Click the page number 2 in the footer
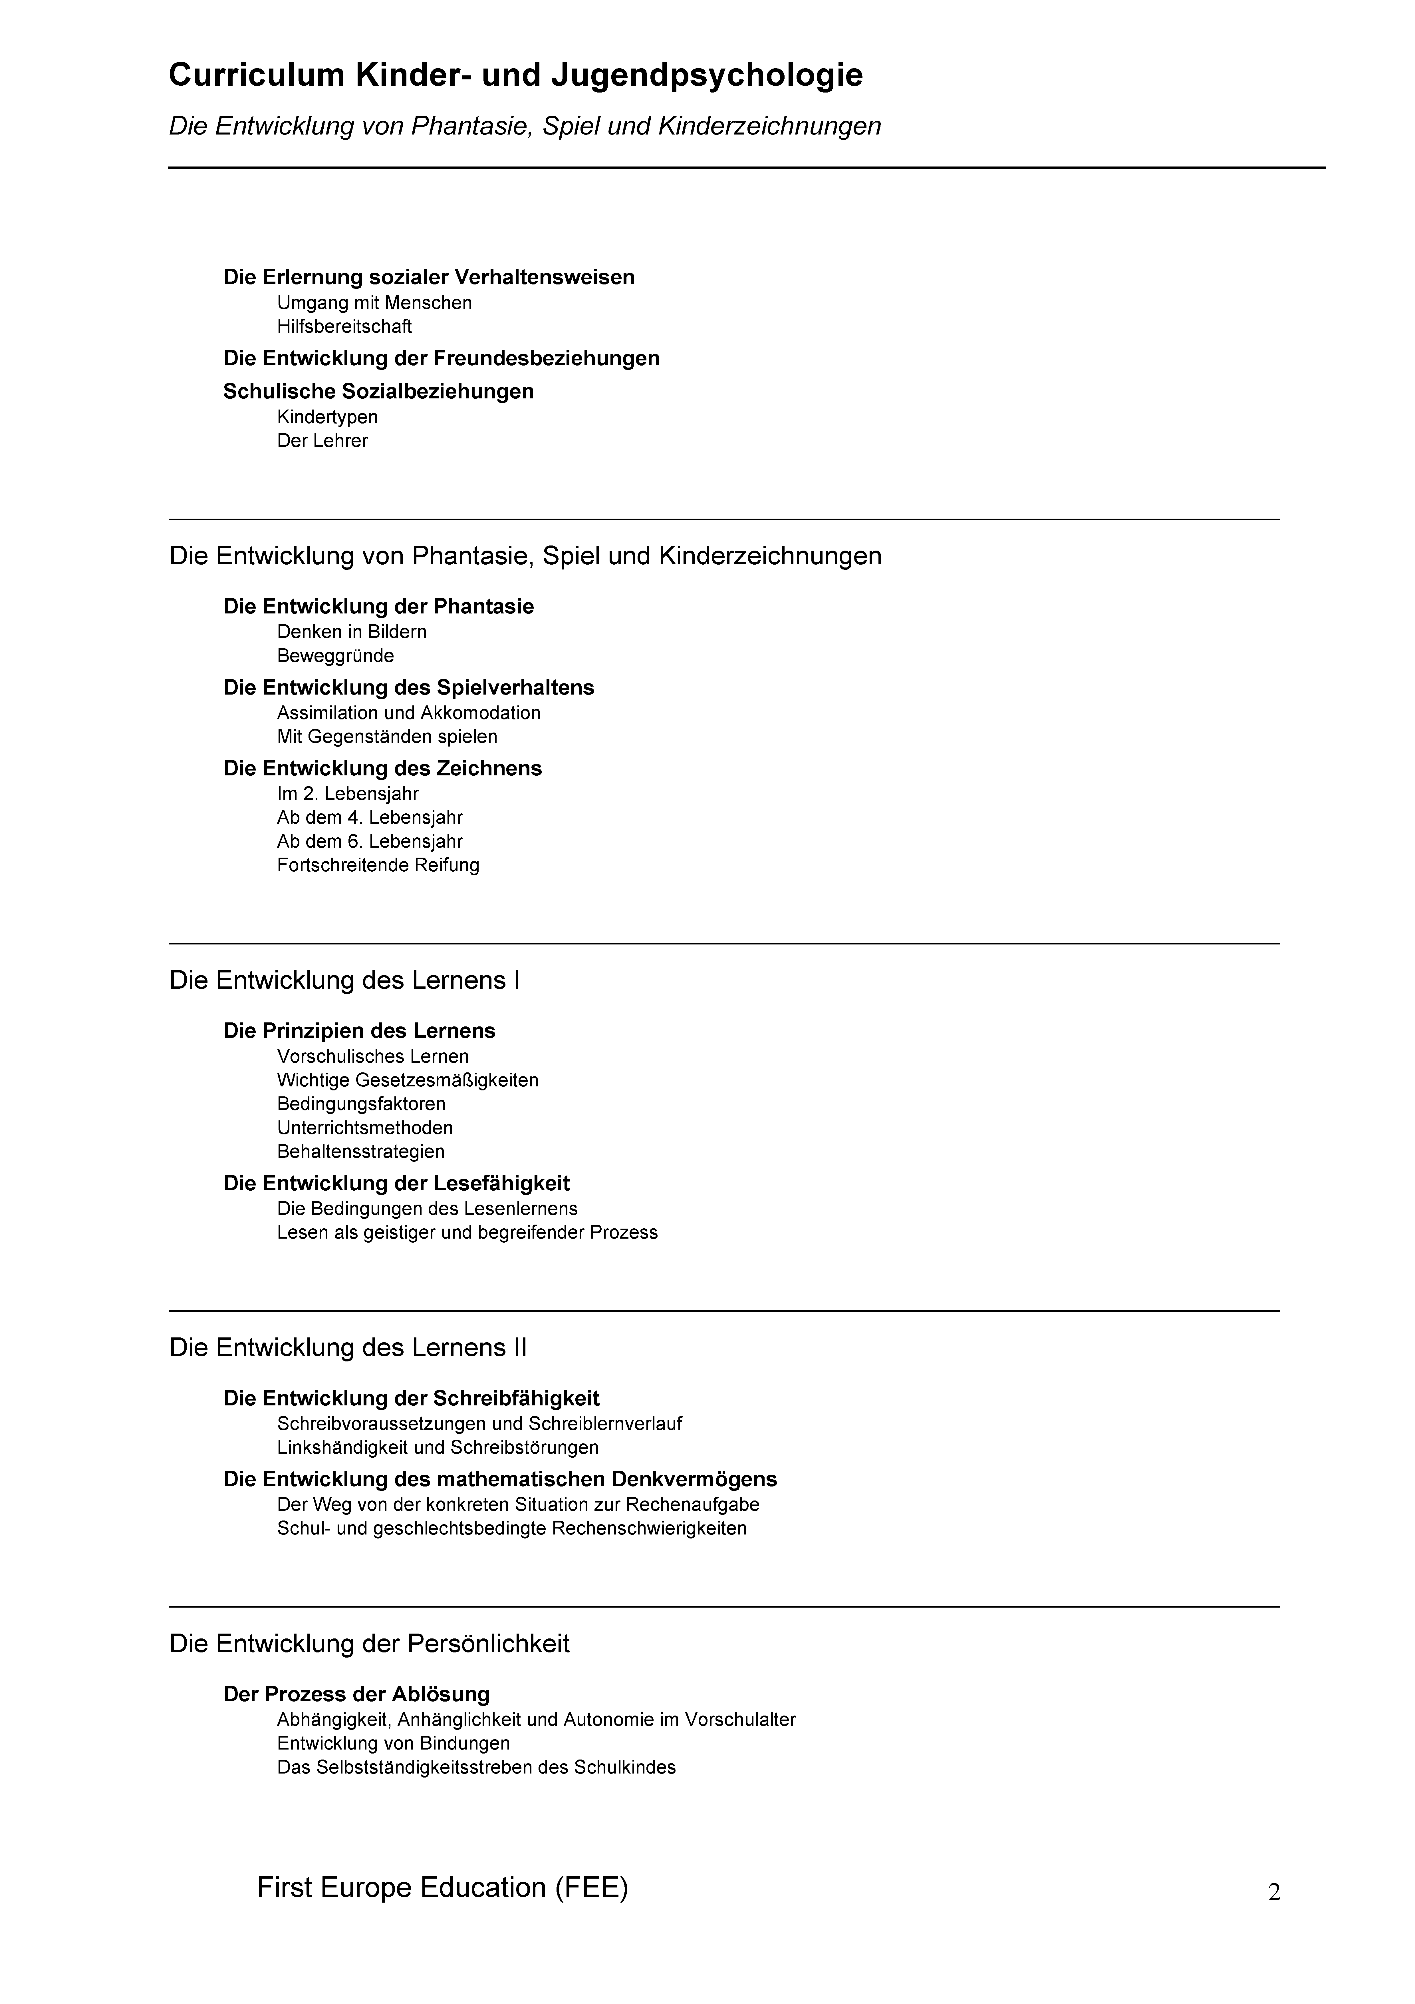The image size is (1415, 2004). (x=1274, y=1893)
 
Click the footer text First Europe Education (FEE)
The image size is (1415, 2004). (x=442, y=1888)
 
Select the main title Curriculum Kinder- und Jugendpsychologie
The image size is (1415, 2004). (x=516, y=76)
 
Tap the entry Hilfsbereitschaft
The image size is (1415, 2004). (x=344, y=326)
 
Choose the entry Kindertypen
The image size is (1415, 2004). (x=327, y=417)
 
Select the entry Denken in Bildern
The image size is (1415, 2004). (x=352, y=632)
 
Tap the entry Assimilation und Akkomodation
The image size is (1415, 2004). (x=408, y=713)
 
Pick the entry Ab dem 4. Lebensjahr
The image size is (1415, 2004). (x=370, y=818)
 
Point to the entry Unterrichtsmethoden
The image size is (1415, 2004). (x=365, y=1128)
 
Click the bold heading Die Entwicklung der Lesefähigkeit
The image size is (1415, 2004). (x=396, y=1183)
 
